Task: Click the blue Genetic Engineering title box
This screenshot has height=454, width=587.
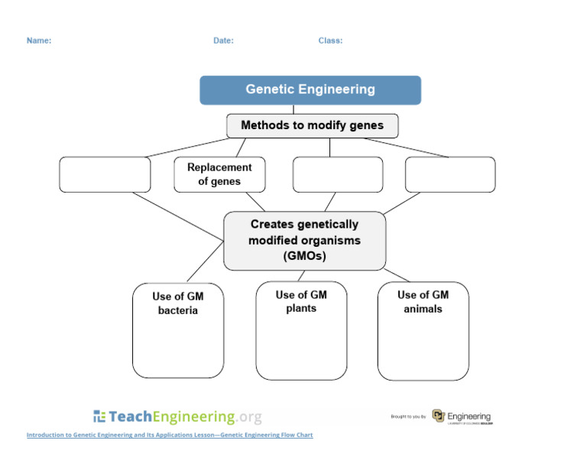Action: click(310, 89)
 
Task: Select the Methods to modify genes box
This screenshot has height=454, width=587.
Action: click(313, 125)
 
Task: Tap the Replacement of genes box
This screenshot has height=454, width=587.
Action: click(219, 174)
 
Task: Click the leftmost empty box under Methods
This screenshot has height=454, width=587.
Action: click(105, 174)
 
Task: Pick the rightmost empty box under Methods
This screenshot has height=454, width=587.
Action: click(449, 174)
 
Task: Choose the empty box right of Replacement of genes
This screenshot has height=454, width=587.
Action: click(337, 174)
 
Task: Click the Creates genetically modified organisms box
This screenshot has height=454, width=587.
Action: click(304, 240)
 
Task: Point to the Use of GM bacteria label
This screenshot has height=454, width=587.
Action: click(177, 303)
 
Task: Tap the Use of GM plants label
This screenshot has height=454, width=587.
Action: click(301, 301)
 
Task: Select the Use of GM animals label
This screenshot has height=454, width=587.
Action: click(423, 301)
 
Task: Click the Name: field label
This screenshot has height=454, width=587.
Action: click(39, 41)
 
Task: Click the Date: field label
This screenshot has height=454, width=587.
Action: click(223, 41)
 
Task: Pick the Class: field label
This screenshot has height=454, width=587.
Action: click(330, 41)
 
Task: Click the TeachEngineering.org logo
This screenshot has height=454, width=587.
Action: click(177, 417)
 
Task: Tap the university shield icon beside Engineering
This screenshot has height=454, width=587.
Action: click(438, 416)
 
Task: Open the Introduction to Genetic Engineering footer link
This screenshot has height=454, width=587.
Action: click(170, 435)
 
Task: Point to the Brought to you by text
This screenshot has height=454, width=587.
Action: click(408, 417)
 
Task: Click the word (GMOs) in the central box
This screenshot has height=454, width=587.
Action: click(304, 256)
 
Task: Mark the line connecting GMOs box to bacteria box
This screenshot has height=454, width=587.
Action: click(205, 262)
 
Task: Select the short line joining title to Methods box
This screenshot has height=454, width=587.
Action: click(293, 109)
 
